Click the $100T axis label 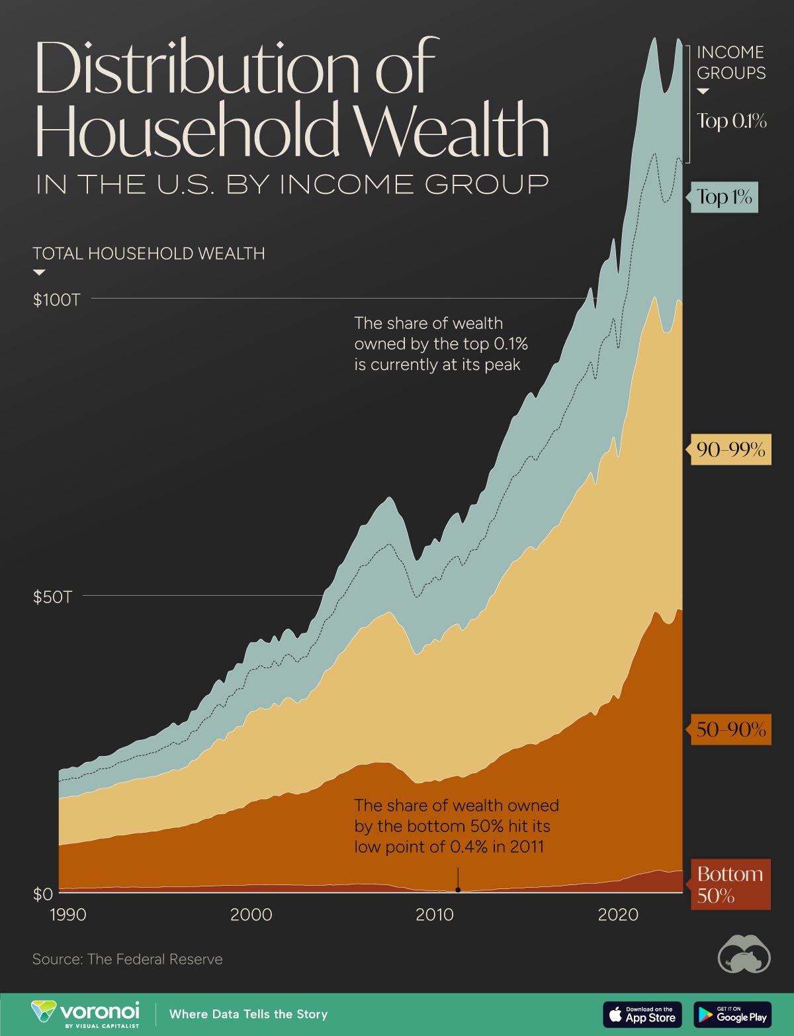[x=57, y=300]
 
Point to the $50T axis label [x=53, y=597]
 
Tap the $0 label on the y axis [x=42, y=894]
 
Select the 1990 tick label [x=68, y=915]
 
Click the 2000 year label [x=251, y=915]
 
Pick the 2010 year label [x=435, y=915]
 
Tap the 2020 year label [x=618, y=915]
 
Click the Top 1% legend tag [x=725, y=197]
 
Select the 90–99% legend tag [x=730, y=450]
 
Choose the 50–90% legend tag [x=730, y=730]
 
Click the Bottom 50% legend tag [x=730, y=884]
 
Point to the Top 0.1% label [x=731, y=121]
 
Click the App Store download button [x=642, y=1014]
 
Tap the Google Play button [x=732, y=1014]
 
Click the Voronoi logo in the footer [x=86, y=1014]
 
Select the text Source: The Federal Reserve [x=128, y=959]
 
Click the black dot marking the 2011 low [x=458, y=890]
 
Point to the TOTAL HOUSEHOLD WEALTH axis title [x=149, y=254]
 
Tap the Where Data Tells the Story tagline [x=248, y=1014]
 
